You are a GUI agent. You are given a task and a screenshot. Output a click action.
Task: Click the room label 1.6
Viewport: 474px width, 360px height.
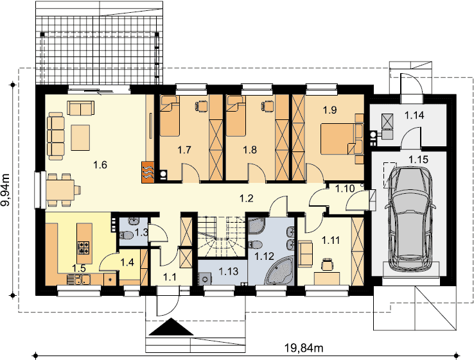click(100, 165)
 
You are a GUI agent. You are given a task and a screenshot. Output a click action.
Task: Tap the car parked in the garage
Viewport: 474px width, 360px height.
click(410, 219)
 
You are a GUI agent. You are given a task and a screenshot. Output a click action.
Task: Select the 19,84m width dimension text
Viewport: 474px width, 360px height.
click(304, 348)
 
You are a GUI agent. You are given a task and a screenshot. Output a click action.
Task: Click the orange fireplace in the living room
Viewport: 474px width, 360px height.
click(148, 172)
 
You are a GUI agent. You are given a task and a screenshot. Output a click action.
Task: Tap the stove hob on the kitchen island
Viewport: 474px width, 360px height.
click(84, 247)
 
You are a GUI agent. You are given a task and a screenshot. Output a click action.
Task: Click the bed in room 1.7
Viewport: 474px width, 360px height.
click(170, 116)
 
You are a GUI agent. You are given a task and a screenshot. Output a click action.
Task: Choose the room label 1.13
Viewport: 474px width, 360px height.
click(229, 271)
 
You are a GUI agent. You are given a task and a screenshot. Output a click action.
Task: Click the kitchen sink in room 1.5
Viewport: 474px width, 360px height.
click(78, 279)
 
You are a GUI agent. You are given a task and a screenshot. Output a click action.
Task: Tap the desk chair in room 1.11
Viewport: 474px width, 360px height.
click(327, 264)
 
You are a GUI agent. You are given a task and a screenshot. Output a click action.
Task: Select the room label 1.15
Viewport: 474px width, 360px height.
click(418, 159)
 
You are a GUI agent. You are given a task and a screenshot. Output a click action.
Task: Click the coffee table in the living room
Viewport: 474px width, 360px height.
click(80, 137)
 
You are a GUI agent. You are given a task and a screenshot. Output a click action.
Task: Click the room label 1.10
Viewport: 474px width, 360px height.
click(345, 189)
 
